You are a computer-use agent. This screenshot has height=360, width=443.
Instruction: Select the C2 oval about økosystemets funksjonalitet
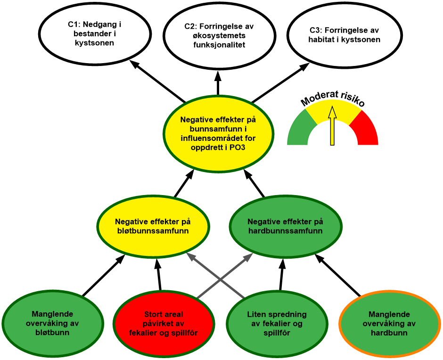point(219,35)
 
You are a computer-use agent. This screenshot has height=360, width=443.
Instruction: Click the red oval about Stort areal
point(163,324)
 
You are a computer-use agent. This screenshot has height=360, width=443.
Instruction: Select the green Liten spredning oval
point(277,324)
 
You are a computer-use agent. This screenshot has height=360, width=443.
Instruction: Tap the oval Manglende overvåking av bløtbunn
point(52,324)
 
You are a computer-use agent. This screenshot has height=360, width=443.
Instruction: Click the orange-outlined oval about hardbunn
point(389,324)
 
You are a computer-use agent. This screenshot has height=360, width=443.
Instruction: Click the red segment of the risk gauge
point(366,130)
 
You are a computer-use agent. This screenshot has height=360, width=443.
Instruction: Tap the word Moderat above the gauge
point(318,97)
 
